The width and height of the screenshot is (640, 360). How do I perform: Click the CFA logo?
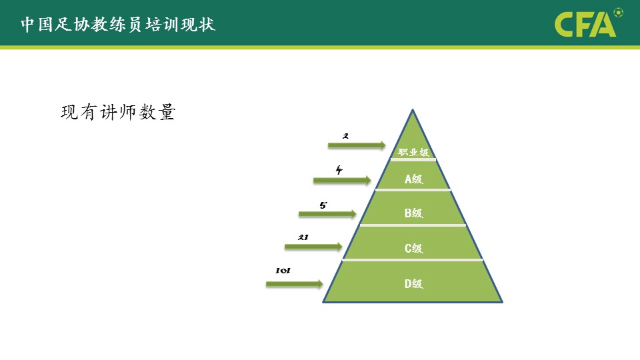[585, 25]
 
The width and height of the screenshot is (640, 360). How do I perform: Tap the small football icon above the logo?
[619, 12]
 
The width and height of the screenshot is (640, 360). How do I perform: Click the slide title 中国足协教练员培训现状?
[118, 24]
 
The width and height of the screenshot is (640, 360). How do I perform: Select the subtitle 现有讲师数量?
[118, 112]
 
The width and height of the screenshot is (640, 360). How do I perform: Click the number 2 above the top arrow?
[346, 136]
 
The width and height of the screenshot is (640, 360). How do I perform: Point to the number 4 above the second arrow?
[339, 170]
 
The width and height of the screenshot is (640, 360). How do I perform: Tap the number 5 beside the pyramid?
[323, 205]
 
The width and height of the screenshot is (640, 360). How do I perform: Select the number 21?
[303, 237]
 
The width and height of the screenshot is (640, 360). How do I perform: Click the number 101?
[283, 271]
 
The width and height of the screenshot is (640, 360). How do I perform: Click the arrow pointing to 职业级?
[357, 145]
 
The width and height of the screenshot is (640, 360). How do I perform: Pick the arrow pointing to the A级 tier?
[342, 180]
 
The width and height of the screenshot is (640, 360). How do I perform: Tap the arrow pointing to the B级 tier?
[327, 214]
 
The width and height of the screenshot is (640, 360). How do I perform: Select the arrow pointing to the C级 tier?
[313, 246]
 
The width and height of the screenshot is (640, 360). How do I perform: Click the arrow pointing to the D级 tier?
[294, 284]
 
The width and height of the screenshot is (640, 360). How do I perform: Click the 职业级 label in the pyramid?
[413, 152]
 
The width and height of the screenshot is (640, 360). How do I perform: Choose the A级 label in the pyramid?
[413, 179]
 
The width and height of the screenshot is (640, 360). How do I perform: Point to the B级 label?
[413, 213]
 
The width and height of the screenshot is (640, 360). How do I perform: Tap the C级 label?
[413, 248]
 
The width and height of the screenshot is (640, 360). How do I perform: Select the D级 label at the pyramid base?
[413, 284]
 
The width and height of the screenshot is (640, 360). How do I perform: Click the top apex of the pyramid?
[413, 109]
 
